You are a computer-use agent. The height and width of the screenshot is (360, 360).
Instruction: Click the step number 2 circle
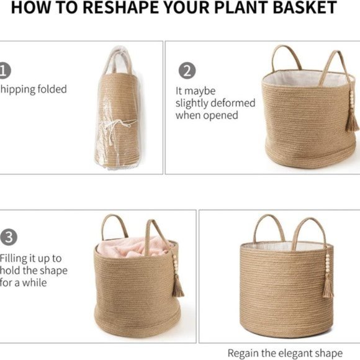187,70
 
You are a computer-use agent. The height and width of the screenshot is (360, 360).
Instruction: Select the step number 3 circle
8,237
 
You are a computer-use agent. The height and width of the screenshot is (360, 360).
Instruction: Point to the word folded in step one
50,89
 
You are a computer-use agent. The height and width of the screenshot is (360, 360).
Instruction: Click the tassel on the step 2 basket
352,118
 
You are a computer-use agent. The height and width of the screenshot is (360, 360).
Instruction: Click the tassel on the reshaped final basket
327,287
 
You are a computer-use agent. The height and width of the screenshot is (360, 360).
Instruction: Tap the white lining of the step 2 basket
298,79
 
